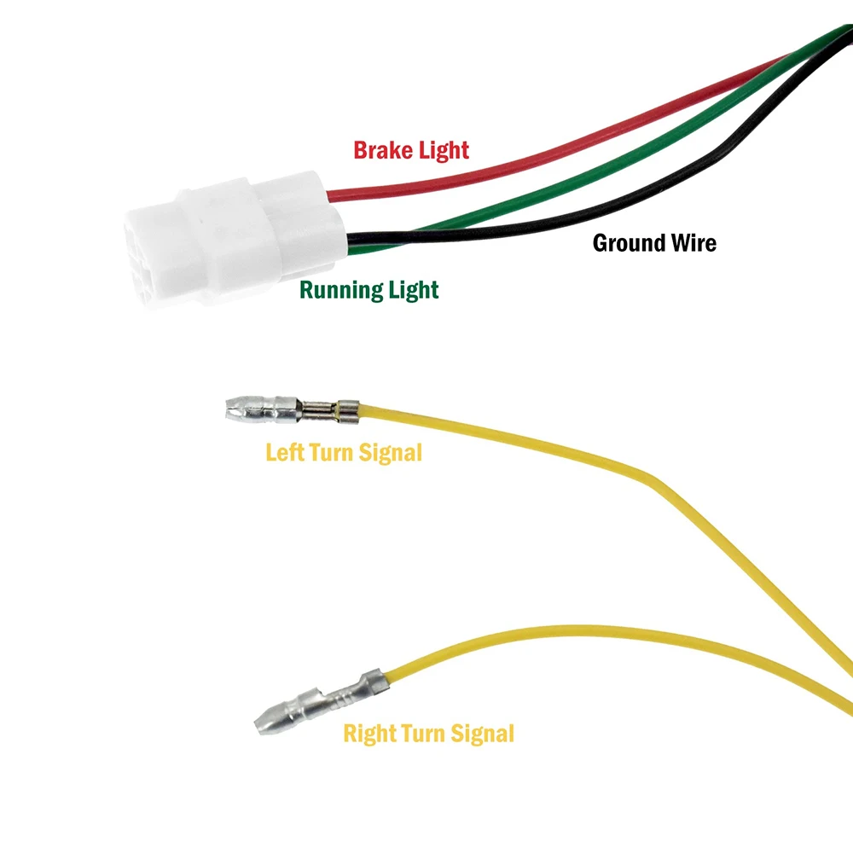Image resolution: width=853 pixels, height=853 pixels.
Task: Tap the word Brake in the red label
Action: click(x=382, y=151)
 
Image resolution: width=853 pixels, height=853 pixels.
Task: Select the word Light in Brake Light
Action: click(x=443, y=151)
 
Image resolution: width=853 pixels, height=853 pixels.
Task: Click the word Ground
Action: click(x=628, y=243)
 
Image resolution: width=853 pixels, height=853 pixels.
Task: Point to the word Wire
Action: click(x=692, y=243)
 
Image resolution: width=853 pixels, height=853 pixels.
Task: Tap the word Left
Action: click(x=284, y=452)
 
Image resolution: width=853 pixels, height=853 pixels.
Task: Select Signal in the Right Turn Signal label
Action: click(x=482, y=733)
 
